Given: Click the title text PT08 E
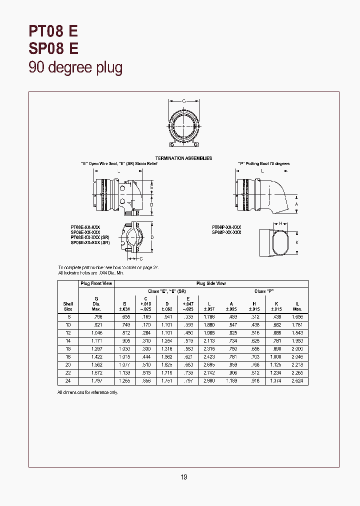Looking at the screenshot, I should point(53,31).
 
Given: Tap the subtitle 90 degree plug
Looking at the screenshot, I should point(75,67).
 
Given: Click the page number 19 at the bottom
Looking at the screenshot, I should point(183,477).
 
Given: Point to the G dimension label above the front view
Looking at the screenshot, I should point(183,101).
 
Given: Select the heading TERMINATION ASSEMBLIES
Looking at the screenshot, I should point(183,158).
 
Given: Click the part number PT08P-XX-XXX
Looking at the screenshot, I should point(226,227).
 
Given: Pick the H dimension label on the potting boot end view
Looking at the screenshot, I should point(280,223).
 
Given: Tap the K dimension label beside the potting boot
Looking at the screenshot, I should point(296,242).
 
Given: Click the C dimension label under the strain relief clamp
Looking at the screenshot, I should point(141,258).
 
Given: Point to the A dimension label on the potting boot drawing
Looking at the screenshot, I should point(296,204).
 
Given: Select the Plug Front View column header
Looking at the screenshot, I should point(96,283).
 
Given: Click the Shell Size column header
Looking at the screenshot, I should point(68,306).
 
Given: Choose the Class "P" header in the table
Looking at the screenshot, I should point(264,291).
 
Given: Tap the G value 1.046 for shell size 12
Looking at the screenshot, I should point(96,332).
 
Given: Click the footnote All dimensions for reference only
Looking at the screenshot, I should point(87,393).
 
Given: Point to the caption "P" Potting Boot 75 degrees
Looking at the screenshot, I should point(263,163).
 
